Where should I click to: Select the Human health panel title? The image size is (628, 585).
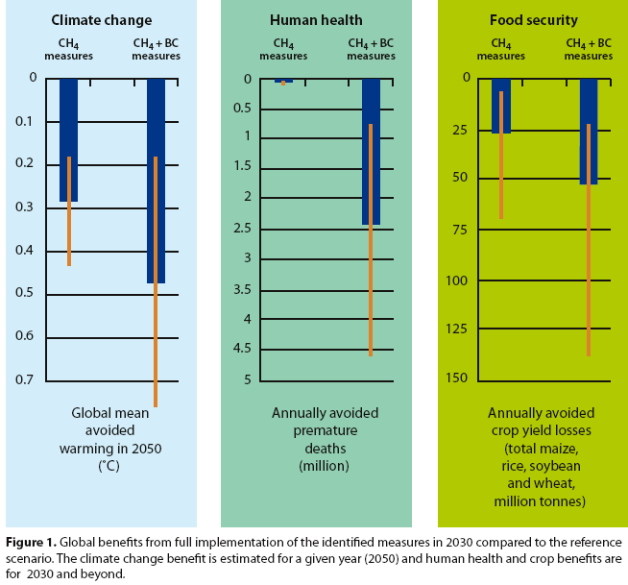316,18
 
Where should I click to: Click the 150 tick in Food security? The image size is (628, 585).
456,378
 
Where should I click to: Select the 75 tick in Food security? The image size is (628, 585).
460,230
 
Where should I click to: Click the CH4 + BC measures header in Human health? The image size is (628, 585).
371,49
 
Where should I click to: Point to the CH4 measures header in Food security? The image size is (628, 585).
499,49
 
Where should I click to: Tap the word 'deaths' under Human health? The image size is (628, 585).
325,449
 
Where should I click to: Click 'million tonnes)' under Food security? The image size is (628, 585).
539,501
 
